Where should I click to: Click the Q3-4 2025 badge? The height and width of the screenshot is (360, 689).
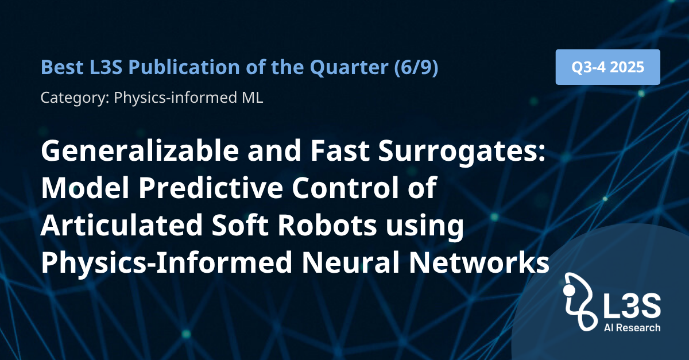(x=608, y=67)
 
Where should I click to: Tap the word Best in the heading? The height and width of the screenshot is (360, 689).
(x=62, y=67)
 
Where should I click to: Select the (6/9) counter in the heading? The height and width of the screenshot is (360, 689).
(x=416, y=67)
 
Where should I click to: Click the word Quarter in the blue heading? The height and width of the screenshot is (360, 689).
(x=349, y=67)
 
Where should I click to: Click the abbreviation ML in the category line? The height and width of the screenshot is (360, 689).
(x=253, y=98)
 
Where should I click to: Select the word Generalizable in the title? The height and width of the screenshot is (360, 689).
(x=140, y=151)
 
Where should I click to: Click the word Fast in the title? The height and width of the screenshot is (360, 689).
(x=339, y=151)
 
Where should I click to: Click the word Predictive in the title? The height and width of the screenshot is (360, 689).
(x=211, y=188)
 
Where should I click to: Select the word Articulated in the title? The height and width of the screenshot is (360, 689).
(x=122, y=224)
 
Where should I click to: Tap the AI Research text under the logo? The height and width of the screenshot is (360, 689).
(x=632, y=328)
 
